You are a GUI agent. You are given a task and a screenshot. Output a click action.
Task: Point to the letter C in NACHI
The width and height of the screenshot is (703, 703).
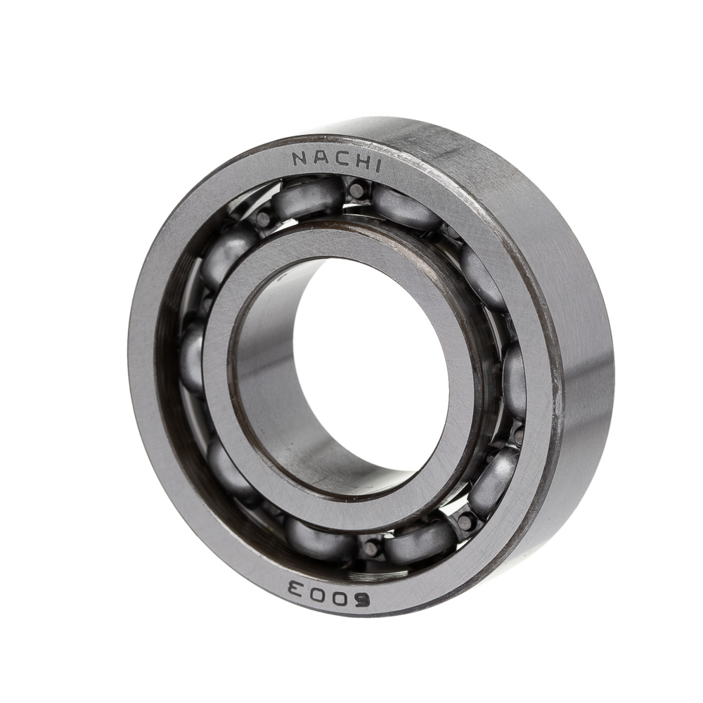click(339, 160)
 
